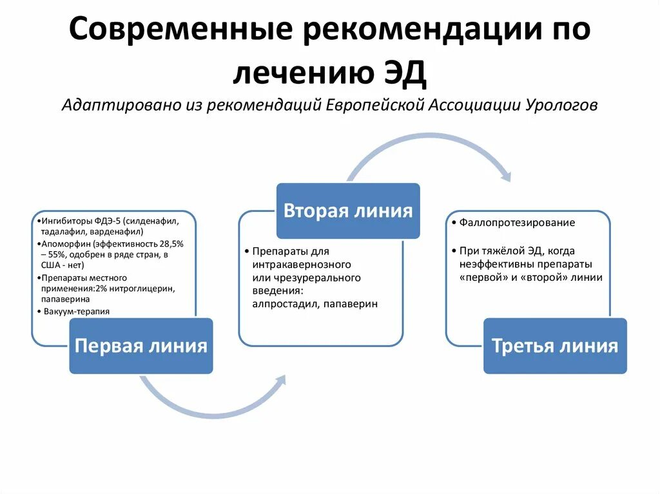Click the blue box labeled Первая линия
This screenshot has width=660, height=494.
coord(141,346)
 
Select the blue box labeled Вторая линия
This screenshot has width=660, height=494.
coord(348,211)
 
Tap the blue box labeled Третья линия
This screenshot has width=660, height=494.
coord(555,346)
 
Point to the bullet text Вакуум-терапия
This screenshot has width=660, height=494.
coord(77,311)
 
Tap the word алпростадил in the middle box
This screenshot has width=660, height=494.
coord(281,303)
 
